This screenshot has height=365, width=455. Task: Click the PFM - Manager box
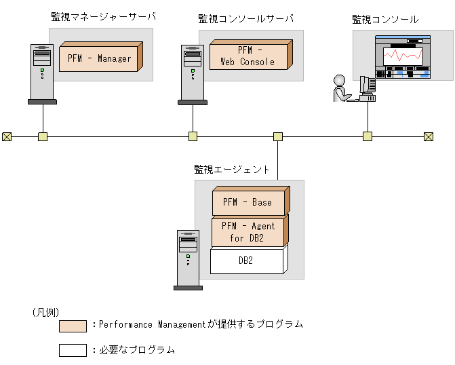click(99, 58)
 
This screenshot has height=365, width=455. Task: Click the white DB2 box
click(246, 261)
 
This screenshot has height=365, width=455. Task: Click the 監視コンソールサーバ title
click(245, 18)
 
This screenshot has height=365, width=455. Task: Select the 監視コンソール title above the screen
click(384, 20)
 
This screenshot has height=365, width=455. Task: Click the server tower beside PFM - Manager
click(42, 73)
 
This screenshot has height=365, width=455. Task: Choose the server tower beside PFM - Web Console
click(193, 73)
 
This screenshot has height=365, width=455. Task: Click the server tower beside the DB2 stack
click(188, 260)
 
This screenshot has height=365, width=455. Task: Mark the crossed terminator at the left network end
click(7, 136)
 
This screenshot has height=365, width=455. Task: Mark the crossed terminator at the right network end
click(429, 136)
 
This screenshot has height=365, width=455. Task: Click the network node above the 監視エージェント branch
click(277, 136)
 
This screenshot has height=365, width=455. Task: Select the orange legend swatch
click(73, 326)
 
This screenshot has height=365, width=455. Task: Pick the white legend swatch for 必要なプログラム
click(73, 350)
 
